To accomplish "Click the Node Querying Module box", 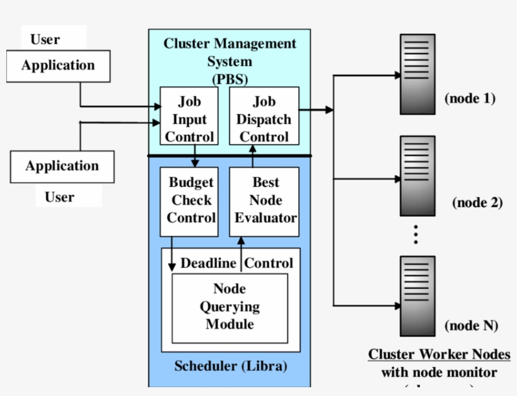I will coord(229,307).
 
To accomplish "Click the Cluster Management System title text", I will coord(229,52).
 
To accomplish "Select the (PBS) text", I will coord(229,80).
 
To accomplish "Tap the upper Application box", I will coord(58,66).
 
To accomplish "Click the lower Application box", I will coord(62,167).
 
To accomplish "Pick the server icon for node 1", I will coord(417,74).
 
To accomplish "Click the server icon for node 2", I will coord(417,176).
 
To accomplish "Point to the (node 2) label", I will coord(477,203).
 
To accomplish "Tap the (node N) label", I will coord(471,325).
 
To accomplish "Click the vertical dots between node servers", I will coord(416,234).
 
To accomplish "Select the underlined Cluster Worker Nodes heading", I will coord(439,354).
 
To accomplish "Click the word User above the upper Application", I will coord(45,40).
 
